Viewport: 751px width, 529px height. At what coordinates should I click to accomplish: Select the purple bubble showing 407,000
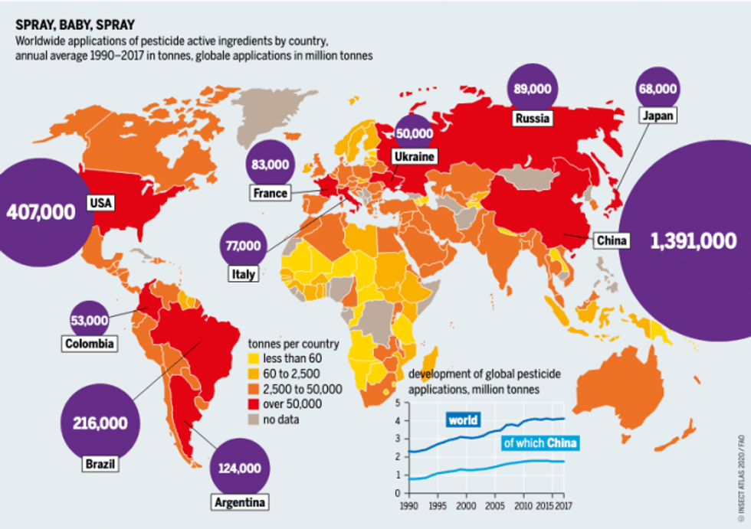(41, 211)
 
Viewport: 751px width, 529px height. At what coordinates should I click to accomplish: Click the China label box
(612, 241)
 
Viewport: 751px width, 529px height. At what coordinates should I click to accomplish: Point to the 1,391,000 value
(693, 240)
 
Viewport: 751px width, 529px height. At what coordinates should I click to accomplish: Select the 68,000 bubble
(658, 88)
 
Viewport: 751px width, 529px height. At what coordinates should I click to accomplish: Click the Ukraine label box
(414, 157)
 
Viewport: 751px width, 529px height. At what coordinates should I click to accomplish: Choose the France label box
(270, 193)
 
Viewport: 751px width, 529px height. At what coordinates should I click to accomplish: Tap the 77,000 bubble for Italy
(244, 247)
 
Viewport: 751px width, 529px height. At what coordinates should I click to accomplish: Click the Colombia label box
(90, 344)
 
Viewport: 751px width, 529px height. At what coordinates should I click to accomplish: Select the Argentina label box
(240, 502)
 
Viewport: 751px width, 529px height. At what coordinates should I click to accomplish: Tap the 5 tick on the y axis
(396, 402)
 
